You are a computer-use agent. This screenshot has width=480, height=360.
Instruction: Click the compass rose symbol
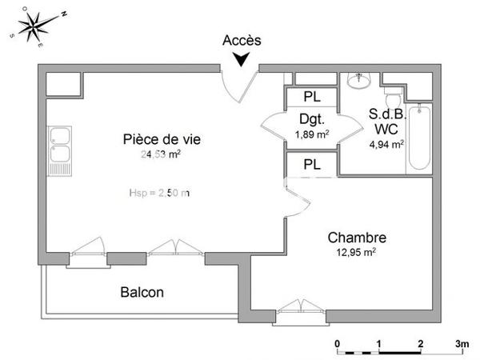pyautogui.click(x=34, y=26)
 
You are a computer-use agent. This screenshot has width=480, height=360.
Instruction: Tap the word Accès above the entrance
pyautogui.click(x=242, y=40)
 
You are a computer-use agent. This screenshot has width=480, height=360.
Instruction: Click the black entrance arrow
pyautogui.click(x=242, y=58)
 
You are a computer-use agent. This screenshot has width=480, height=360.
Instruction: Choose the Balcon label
pyautogui.click(x=142, y=293)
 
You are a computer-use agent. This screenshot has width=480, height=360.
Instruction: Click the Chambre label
pyautogui.click(x=358, y=238)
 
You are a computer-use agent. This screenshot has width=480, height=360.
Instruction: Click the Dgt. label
pyautogui.click(x=310, y=120)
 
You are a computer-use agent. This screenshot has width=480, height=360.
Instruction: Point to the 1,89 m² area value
pyautogui.click(x=311, y=134)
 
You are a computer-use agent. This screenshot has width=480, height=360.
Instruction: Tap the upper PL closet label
pyautogui.click(x=312, y=97)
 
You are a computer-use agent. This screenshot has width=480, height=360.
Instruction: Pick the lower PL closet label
pyautogui.click(x=312, y=166)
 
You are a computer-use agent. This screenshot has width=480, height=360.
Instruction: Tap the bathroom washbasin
pyautogui.click(x=358, y=81)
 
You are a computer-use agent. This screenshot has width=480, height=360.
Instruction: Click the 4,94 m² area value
pyautogui.click(x=386, y=145)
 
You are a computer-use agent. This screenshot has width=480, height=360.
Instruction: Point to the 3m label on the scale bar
pyautogui.click(x=462, y=344)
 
